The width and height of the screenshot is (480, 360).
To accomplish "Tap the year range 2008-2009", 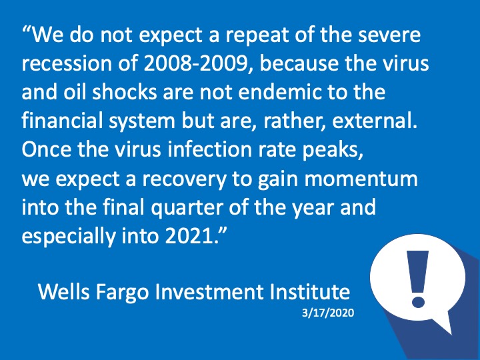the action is pyautogui.click(x=195, y=63).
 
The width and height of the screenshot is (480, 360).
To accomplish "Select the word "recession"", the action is pyautogui.click(x=67, y=63).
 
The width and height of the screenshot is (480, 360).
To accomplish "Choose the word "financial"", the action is pyautogui.click(x=62, y=120).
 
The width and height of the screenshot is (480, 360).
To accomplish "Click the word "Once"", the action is pyautogui.click(x=46, y=149).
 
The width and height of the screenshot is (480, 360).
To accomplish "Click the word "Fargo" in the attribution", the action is pyautogui.click(x=123, y=293).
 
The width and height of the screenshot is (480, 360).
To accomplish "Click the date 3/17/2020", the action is pyautogui.click(x=328, y=313).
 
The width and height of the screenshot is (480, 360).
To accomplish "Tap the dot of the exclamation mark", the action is pyautogui.click(x=418, y=300).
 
